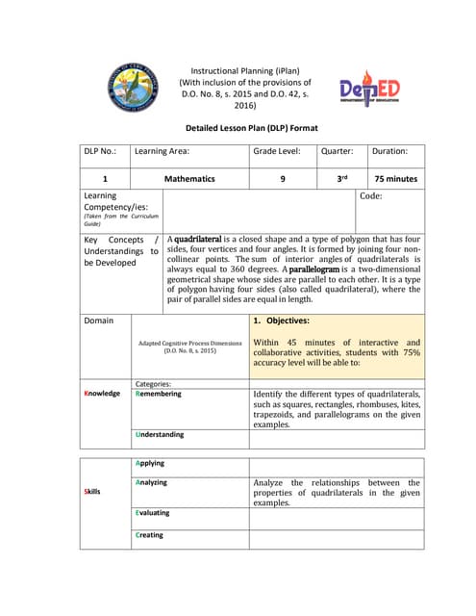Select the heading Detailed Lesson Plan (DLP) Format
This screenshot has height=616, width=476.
[x=251, y=128]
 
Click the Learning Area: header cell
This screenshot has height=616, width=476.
[x=162, y=151]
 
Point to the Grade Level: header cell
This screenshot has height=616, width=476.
[x=277, y=151]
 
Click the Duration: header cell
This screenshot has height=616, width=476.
[x=390, y=151]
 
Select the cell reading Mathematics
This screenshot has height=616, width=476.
[x=189, y=179]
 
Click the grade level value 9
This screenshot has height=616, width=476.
[x=283, y=179]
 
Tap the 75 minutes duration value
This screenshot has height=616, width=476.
[x=395, y=179]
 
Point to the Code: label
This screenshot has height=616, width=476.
[x=370, y=195]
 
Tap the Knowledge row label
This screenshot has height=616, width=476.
[x=102, y=394]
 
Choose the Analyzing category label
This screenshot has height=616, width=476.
[x=151, y=482]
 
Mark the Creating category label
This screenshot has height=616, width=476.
[x=149, y=535]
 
